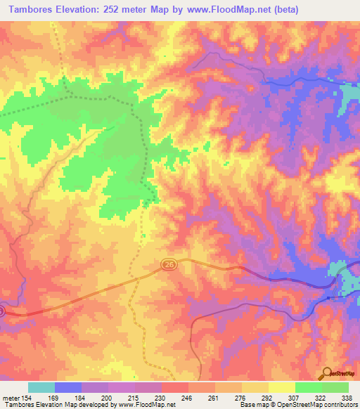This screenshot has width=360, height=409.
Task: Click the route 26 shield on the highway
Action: click(168, 264)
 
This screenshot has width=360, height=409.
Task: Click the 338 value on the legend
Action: click(345, 398)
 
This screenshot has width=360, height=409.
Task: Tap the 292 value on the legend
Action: click(257, 398)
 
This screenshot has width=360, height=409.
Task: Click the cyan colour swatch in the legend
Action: click(41, 387)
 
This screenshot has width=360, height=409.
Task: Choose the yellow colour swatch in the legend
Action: click(281, 387)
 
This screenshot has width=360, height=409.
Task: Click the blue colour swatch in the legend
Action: click(68, 387)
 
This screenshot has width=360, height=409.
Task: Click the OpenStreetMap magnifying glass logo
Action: click(328, 373)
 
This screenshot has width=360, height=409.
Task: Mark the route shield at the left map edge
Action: click(2, 310)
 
